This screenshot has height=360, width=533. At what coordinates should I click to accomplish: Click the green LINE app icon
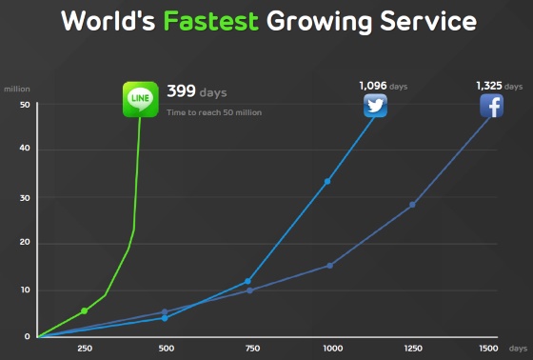[x=141, y=99]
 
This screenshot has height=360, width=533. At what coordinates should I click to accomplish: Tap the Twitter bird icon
[x=375, y=106]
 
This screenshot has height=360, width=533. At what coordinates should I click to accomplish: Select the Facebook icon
[x=491, y=106]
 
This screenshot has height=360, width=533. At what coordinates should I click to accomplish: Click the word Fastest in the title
[x=211, y=21]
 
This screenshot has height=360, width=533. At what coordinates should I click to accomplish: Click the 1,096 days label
[x=384, y=86]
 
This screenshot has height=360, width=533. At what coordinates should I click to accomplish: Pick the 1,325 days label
[x=500, y=86]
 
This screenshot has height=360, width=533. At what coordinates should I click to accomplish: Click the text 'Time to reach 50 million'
[x=214, y=112]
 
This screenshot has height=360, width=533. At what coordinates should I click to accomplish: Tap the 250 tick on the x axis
[x=85, y=349]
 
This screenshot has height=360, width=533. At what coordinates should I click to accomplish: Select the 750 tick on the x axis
[x=252, y=349]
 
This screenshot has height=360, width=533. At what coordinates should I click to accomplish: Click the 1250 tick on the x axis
[x=413, y=349]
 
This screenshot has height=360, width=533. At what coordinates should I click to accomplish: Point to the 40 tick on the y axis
[x=25, y=148]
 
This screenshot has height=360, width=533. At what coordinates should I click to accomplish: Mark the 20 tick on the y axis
[x=25, y=242]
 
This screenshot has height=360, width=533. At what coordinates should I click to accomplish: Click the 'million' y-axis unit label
[x=17, y=90]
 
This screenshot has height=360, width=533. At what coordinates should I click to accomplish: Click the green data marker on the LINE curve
[x=85, y=311]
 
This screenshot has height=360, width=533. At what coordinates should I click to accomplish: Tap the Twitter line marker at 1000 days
[x=327, y=182]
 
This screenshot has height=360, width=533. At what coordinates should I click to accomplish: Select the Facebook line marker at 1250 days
[x=412, y=205]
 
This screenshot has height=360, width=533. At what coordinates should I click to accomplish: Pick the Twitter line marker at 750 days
[x=247, y=281]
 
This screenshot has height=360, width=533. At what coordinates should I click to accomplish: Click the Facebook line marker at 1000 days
[x=329, y=266]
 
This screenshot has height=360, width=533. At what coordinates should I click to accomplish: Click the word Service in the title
[x=428, y=21]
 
